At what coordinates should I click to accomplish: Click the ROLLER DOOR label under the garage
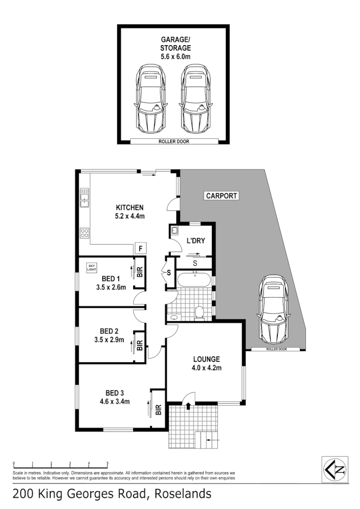tap(174, 142)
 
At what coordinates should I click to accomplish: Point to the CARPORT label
tap(222, 196)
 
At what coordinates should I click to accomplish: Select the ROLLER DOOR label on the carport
tap(276, 349)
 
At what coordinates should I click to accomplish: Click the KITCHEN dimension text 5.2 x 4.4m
tap(130, 216)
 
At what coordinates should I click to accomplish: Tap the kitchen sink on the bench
tap(85, 197)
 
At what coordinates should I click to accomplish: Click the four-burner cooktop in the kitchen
tap(85, 233)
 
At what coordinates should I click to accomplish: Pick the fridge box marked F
tap(141, 249)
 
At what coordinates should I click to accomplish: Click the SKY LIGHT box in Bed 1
tap(92, 268)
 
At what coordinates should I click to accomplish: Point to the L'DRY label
tap(197, 241)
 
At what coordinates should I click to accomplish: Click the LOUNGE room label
tap(207, 359)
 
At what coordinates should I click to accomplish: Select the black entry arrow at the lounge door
tap(188, 406)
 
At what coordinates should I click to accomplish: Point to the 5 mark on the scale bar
tap(107, 463)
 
